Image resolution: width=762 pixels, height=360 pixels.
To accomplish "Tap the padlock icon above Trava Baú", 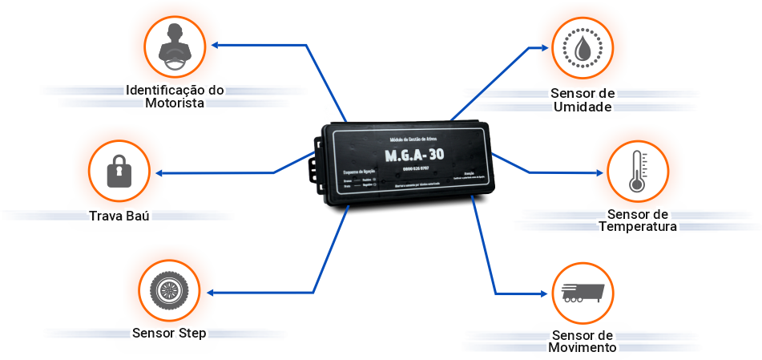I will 119,171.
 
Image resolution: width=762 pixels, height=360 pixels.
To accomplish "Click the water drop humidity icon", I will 585,46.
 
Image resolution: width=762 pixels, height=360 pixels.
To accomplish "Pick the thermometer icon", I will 637,172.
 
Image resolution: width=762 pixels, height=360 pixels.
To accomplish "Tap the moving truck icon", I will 583,293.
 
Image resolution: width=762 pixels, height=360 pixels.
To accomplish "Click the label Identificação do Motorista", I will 174,96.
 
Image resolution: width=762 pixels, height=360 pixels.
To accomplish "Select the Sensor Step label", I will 169,333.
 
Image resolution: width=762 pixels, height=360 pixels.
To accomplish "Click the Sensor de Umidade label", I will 583,100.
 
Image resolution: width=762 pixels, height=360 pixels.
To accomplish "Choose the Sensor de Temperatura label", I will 638,220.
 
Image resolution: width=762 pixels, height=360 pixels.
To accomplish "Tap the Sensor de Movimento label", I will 583,341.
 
